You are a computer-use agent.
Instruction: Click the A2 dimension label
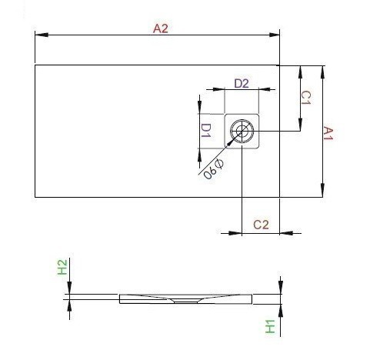point(160,28)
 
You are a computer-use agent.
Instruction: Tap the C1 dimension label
point(305,98)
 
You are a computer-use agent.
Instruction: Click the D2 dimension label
point(241,82)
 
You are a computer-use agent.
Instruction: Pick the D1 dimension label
point(205,131)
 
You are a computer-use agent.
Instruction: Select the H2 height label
point(63,268)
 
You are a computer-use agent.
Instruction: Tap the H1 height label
point(270,326)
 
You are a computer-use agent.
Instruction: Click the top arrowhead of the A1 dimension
point(321,68)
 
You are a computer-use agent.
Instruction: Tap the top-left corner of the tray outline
point(35,65)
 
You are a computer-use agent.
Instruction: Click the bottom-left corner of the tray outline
point(35,197)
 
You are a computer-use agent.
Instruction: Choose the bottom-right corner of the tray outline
point(280,197)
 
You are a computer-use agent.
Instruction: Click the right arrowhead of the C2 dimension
point(277,232)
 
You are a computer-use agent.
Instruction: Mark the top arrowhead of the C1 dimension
point(299,68)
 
